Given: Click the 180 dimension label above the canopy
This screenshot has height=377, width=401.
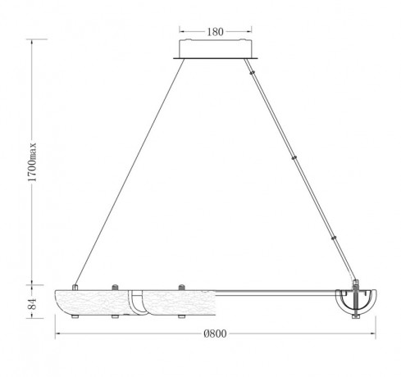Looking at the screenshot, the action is tap(215, 32).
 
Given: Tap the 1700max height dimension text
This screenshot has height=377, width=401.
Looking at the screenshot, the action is tap(32, 162).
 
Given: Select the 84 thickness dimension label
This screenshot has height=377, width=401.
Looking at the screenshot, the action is tap(32, 303).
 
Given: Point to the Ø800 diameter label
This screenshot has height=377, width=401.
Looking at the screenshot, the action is tap(215, 334).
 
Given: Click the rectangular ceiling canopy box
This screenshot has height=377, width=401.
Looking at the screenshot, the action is tap(216, 48).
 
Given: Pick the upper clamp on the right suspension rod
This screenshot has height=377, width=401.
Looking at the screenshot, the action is tap(252, 73).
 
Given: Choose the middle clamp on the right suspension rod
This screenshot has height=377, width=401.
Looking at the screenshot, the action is tap(294, 157).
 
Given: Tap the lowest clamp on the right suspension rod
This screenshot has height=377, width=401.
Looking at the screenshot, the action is tap(334, 238).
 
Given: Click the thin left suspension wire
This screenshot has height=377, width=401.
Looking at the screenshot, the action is tap(130, 172).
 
